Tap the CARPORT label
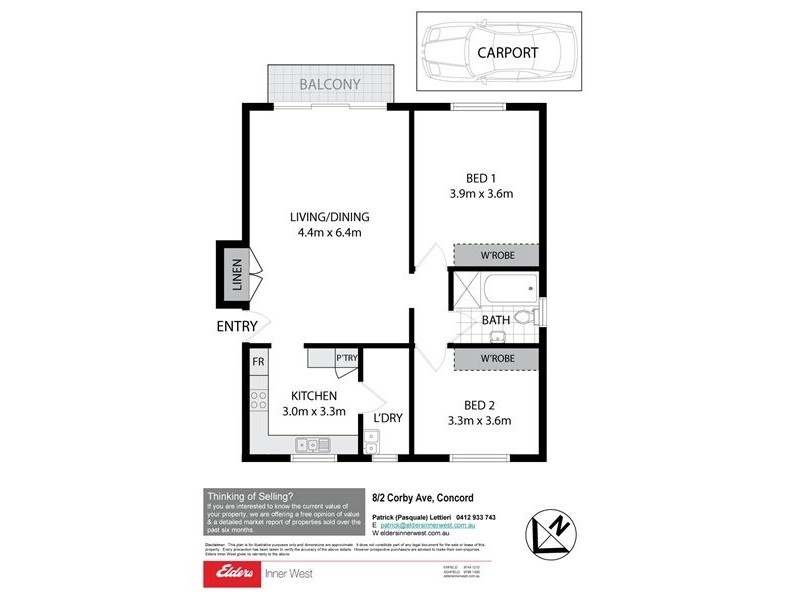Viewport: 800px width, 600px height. pos(507,53)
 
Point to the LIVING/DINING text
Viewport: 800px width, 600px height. pos(329,217)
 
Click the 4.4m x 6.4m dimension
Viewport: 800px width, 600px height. pos(329,234)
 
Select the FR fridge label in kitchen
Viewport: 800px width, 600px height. pos(258,361)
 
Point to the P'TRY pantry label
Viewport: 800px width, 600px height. pos(347,358)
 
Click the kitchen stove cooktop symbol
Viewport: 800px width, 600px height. pos(258,400)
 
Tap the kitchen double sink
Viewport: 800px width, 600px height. pos(307,445)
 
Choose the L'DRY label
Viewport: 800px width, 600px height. pos(388,418)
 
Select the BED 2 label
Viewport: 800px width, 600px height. pos(480,405)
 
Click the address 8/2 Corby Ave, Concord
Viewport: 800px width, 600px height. pos(422,497)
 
